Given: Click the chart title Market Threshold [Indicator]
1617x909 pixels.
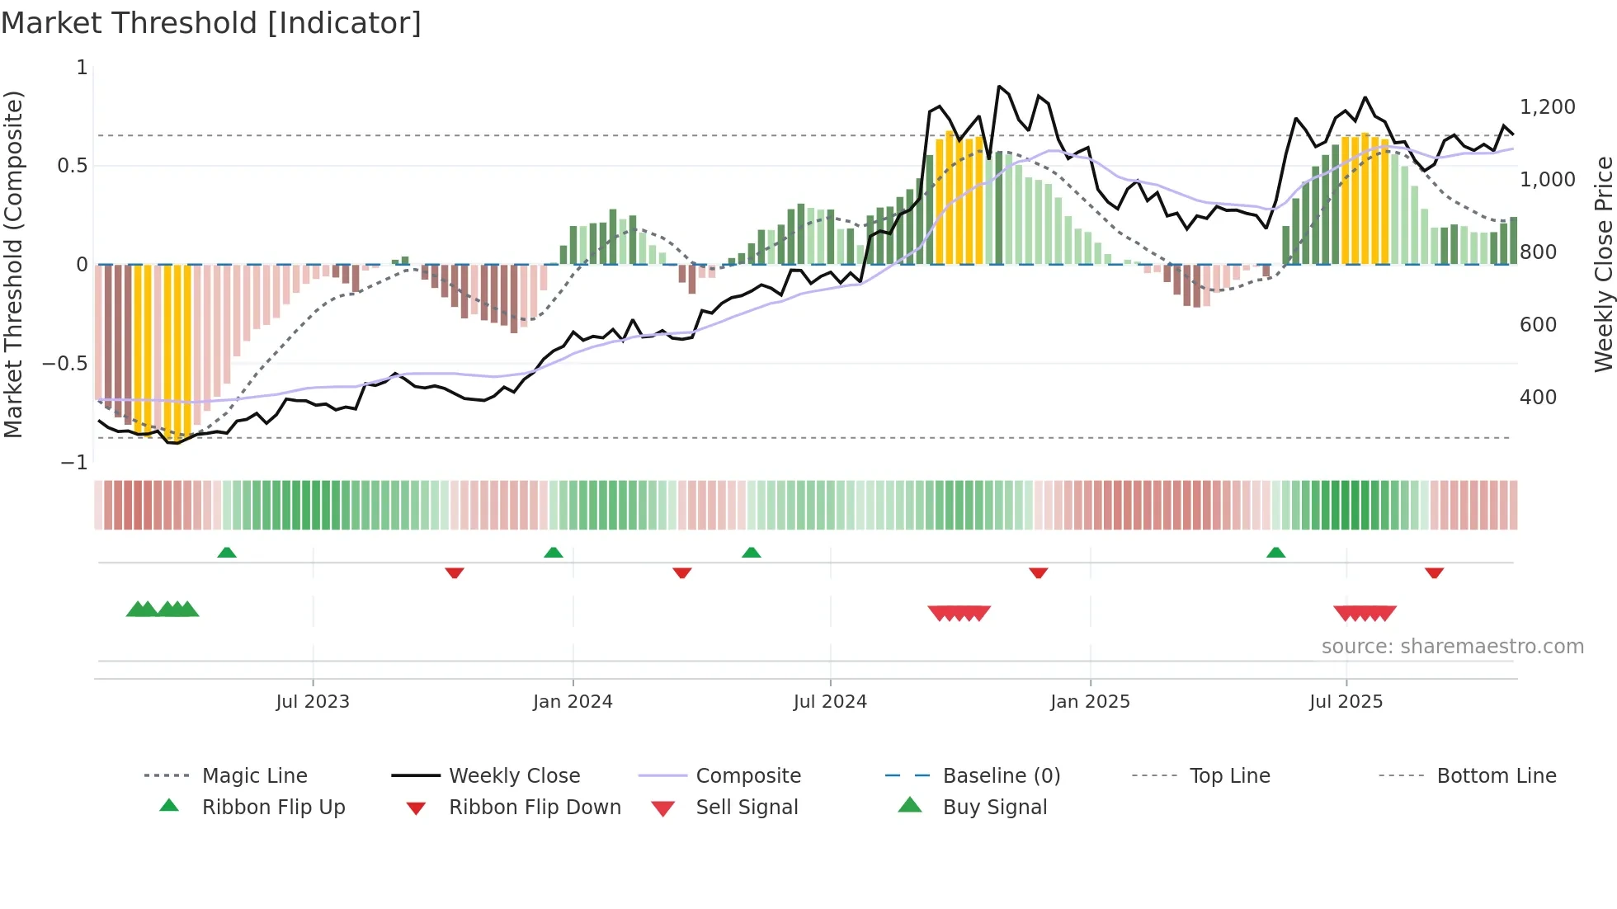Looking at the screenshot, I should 211,23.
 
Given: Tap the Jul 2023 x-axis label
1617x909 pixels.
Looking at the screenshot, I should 313,702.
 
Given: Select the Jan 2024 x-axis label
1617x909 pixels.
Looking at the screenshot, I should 573,702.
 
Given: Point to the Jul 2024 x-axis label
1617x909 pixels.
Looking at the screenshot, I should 830,702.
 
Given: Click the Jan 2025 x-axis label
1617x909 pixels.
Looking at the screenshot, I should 1090,702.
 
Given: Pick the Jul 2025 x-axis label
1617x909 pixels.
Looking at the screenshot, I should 1346,702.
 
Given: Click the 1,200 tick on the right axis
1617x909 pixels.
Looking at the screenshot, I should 1547,107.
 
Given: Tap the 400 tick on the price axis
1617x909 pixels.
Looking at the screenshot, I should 1538,398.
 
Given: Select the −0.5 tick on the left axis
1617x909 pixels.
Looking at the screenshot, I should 65,364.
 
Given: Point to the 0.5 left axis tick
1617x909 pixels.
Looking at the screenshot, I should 72,166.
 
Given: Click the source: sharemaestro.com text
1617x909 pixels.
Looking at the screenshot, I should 1452,647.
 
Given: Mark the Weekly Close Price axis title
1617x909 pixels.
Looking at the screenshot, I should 1603,264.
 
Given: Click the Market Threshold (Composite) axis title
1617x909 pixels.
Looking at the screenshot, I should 13,264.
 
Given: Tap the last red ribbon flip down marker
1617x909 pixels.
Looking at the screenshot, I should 1434,572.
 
